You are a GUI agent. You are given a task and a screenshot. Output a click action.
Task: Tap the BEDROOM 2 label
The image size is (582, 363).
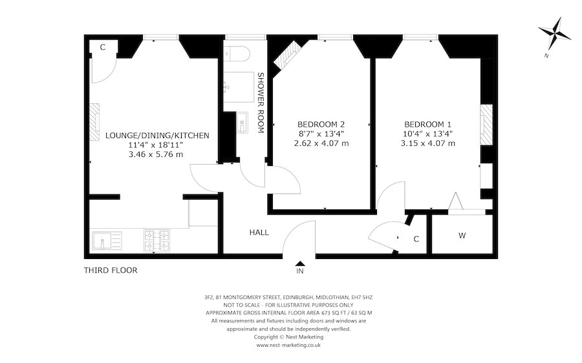[321, 124]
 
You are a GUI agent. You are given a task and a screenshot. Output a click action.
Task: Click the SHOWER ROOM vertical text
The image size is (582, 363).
[261, 101]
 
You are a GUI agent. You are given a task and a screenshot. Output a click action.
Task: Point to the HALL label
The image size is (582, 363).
[259, 233]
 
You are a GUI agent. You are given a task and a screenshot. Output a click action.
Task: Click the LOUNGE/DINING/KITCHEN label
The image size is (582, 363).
[157, 135]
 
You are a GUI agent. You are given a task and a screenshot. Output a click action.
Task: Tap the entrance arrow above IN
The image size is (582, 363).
[300, 263]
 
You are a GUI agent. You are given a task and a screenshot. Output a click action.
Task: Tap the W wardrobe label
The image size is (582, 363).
[462, 236]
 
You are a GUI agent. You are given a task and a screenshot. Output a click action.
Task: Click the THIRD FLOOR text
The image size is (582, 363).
[111, 270]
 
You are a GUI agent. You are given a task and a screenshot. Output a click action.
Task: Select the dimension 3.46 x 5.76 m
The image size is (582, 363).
[156, 154]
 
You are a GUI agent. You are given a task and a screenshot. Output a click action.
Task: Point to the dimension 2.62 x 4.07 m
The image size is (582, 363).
[321, 143]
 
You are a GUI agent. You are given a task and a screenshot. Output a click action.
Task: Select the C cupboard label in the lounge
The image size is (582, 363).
[103, 47]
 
